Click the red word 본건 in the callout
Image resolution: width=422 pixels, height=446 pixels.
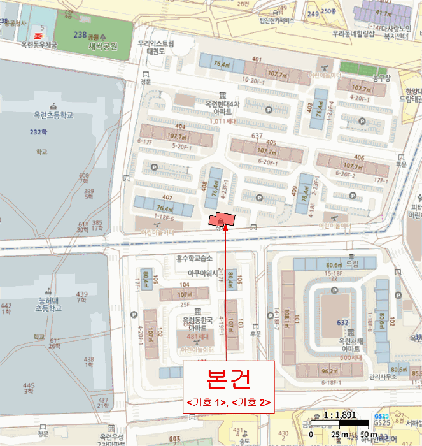[228, 378]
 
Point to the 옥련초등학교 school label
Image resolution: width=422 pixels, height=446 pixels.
[56, 115]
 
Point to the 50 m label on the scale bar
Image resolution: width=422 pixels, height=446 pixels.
[369, 435]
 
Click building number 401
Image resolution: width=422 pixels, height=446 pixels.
[257, 60]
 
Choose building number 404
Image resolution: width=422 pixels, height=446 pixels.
[180, 127]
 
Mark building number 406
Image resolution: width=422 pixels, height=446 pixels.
[359, 158]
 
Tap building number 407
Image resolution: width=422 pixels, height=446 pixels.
[150, 197]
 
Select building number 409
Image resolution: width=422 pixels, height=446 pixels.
[294, 189]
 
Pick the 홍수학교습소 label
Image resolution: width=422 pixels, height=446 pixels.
[193, 258]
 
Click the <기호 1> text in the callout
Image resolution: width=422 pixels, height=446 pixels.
[206, 402]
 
